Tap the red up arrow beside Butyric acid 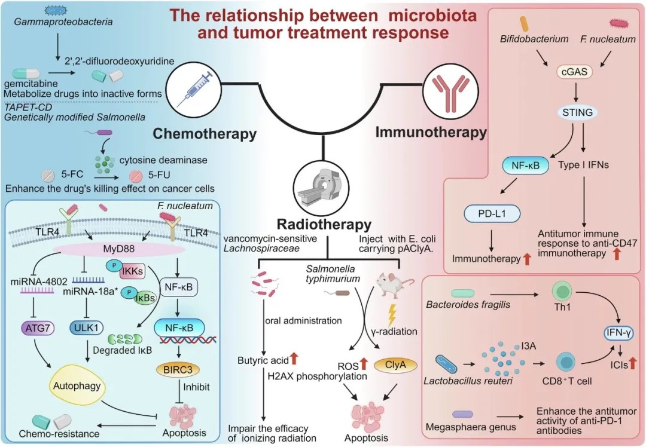coord(294,359)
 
